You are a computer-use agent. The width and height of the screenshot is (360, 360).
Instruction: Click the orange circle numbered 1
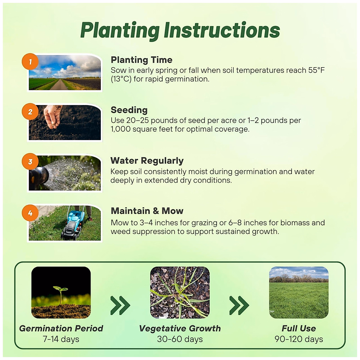(x=30, y=62)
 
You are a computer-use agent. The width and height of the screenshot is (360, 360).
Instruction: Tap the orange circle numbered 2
(x=30, y=112)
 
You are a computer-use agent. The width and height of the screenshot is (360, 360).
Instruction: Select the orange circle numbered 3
(x=30, y=161)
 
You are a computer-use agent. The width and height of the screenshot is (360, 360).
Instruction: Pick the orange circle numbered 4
(x=30, y=213)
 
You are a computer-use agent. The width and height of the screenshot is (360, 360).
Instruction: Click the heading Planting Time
(x=141, y=60)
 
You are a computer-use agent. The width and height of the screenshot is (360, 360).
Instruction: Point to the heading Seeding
(x=129, y=110)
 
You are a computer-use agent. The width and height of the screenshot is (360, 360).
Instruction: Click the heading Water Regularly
(x=147, y=160)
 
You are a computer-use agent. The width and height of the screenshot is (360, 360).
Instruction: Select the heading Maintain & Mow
(x=147, y=211)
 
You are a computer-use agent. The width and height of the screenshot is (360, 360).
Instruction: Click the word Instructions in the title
(x=222, y=31)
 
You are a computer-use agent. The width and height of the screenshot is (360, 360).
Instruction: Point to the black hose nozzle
(x=38, y=175)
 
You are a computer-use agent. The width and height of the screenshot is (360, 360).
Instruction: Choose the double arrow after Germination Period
(x=120, y=305)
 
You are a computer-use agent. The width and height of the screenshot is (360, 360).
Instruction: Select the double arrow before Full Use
(x=239, y=305)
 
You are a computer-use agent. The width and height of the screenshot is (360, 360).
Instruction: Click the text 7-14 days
(x=61, y=339)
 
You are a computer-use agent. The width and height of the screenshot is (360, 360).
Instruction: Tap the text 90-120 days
(x=299, y=339)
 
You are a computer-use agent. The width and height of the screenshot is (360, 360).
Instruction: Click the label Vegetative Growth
(x=180, y=328)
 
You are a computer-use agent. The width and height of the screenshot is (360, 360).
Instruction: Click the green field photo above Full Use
(x=299, y=292)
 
